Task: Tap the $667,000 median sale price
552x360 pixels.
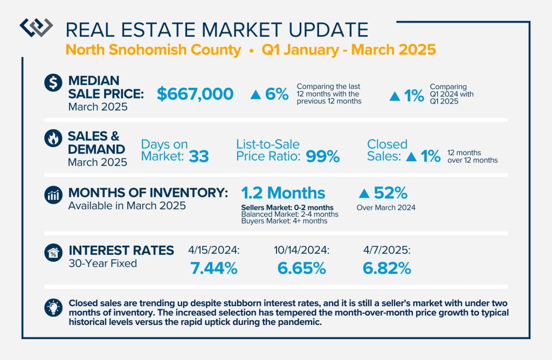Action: point(195,94)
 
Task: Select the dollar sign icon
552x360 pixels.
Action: point(53,84)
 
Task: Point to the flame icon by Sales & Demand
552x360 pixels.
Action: point(53,139)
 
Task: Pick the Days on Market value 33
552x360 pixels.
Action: point(198,156)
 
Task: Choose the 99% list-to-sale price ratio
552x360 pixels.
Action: point(322,156)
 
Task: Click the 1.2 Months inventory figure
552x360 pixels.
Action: point(283,193)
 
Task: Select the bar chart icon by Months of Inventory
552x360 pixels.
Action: point(53,196)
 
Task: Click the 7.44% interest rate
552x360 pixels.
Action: point(214,268)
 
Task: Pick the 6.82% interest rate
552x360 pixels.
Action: point(387,268)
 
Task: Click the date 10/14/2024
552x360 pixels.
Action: point(300,251)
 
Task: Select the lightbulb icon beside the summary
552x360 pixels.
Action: point(53,307)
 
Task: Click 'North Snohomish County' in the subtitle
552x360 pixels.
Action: point(154,50)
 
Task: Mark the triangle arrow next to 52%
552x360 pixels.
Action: point(364,193)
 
